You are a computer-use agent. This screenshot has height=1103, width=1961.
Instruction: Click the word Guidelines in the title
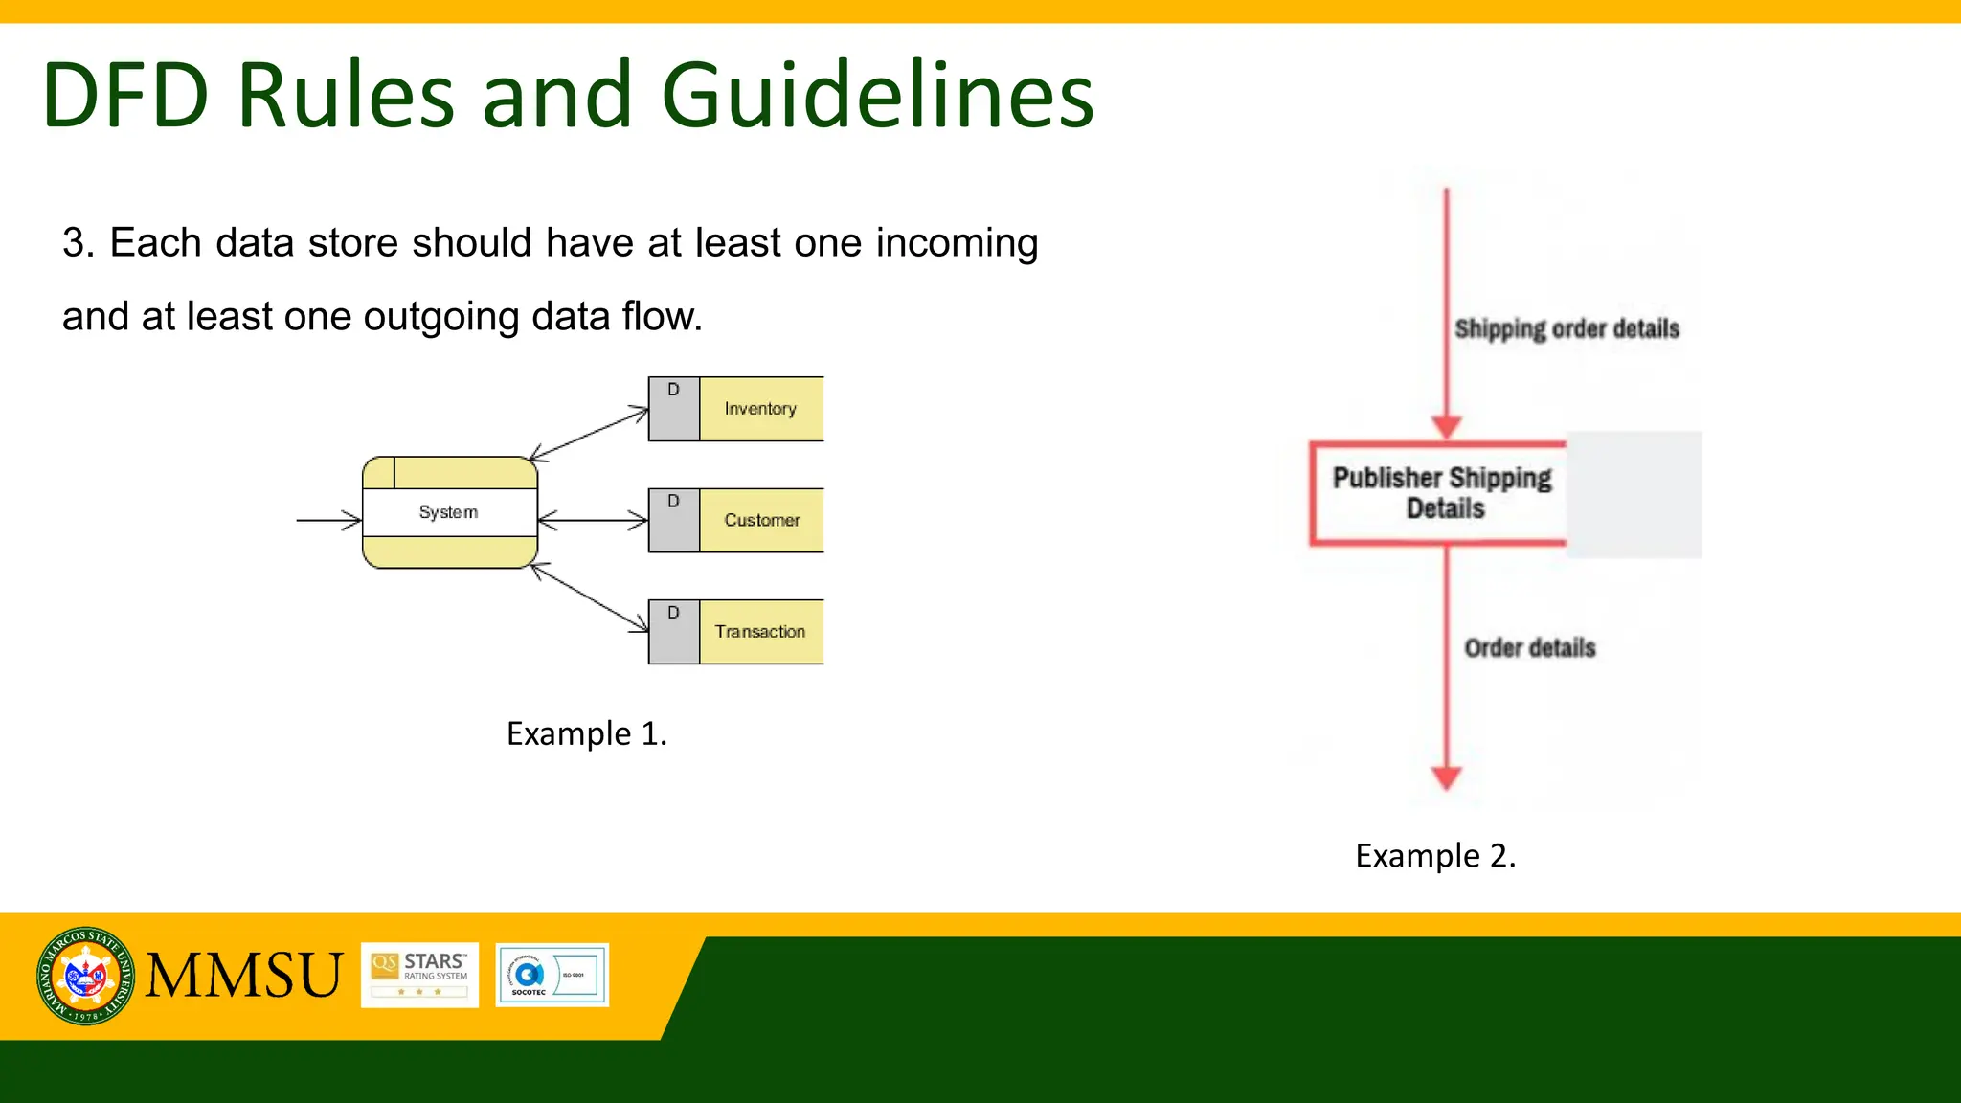pyautogui.click(x=876, y=96)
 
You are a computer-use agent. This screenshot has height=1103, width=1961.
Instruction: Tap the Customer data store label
pyautogui.click(x=761, y=520)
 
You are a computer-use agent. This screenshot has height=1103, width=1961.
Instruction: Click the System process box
pyautogui.click(x=449, y=512)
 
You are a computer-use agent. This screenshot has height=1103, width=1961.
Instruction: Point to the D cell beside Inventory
pyautogui.click(x=673, y=409)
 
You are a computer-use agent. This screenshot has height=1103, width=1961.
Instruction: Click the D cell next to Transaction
pyautogui.click(x=673, y=632)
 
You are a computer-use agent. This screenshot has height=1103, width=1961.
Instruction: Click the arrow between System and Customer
pyautogui.click(x=593, y=520)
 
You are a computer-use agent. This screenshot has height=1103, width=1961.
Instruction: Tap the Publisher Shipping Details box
pyautogui.click(x=1441, y=493)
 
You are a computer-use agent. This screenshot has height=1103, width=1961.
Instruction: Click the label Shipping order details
pyautogui.click(x=1567, y=329)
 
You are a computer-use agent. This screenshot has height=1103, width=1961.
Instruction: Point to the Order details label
pyautogui.click(x=1529, y=648)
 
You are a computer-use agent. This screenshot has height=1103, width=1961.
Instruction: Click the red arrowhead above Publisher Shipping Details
pyautogui.click(x=1446, y=427)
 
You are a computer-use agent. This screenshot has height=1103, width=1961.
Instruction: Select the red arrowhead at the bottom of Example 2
pyautogui.click(x=1446, y=777)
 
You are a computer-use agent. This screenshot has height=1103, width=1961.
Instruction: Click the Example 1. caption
pyautogui.click(x=586, y=733)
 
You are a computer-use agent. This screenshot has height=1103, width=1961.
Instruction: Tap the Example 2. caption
pyautogui.click(x=1434, y=855)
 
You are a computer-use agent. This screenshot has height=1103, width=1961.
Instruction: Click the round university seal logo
pyautogui.click(x=85, y=976)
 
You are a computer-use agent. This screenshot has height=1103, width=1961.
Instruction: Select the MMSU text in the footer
pyautogui.click(x=243, y=976)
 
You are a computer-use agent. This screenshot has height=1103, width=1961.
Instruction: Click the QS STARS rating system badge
pyautogui.click(x=419, y=975)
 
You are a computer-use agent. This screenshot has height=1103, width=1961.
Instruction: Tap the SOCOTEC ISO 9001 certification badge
pyautogui.click(x=552, y=975)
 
